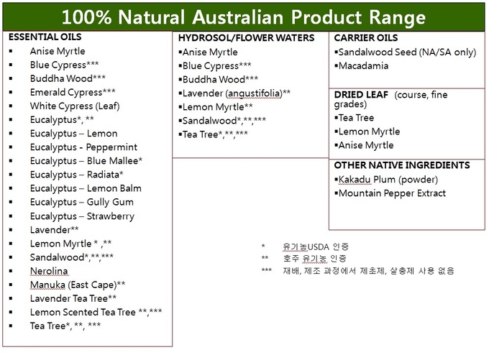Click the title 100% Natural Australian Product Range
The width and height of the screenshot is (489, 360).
coord(244,17)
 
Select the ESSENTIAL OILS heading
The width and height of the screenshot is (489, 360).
coord(45,37)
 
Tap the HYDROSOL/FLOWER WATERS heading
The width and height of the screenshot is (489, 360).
coord(246,38)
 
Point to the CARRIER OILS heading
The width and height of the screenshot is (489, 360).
coord(366,37)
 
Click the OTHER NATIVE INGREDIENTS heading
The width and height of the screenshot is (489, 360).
coord(402,165)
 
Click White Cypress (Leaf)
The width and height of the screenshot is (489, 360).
coord(75,106)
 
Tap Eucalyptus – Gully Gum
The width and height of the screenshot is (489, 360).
coord(82,202)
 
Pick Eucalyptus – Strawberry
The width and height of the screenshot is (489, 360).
coord(82,216)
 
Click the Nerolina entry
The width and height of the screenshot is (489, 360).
coord(49,271)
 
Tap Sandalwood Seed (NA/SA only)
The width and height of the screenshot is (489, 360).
coord(407,52)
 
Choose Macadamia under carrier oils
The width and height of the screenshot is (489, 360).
coord(363,66)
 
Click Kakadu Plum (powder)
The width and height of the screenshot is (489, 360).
coord(388,180)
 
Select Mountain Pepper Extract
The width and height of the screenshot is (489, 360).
coord(392,193)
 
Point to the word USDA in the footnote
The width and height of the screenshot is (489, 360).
coord(318,247)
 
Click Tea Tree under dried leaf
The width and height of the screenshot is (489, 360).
coord(356,118)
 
